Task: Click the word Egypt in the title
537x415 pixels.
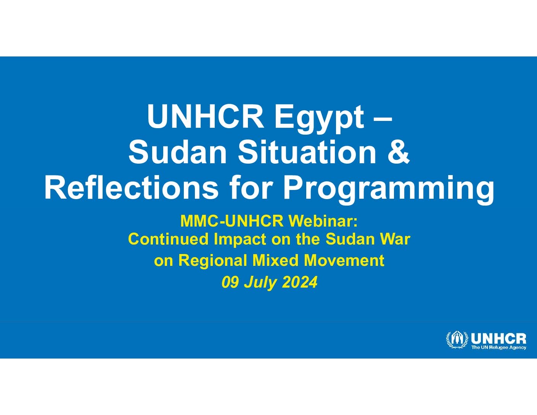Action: point(319,117)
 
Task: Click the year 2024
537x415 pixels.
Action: point(299,282)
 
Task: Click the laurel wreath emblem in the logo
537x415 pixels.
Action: point(457,340)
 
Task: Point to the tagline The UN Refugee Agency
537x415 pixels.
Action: point(499,348)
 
